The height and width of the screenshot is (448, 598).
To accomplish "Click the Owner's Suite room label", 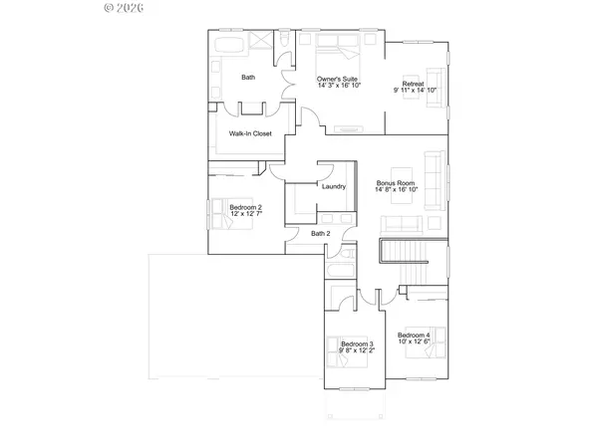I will [338, 79].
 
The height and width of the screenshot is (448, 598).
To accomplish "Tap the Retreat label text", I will [414, 83].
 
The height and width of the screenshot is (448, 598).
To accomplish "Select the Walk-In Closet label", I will [250, 133].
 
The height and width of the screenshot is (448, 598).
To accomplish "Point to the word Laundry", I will [333, 186].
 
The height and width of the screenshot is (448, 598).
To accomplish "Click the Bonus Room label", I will [395, 183].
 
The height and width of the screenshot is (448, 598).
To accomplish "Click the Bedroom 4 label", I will [414, 336].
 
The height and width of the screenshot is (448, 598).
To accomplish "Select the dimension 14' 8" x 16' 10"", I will [396, 190].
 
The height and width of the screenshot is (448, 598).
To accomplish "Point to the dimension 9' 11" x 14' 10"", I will [415, 90].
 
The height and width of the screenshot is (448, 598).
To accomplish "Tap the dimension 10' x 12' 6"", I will [414, 342].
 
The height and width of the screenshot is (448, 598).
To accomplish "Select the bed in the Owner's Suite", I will [339, 51].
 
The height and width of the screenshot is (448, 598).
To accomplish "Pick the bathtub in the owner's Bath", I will [225, 49].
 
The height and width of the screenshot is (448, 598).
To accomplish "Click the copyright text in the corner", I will [126, 8].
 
